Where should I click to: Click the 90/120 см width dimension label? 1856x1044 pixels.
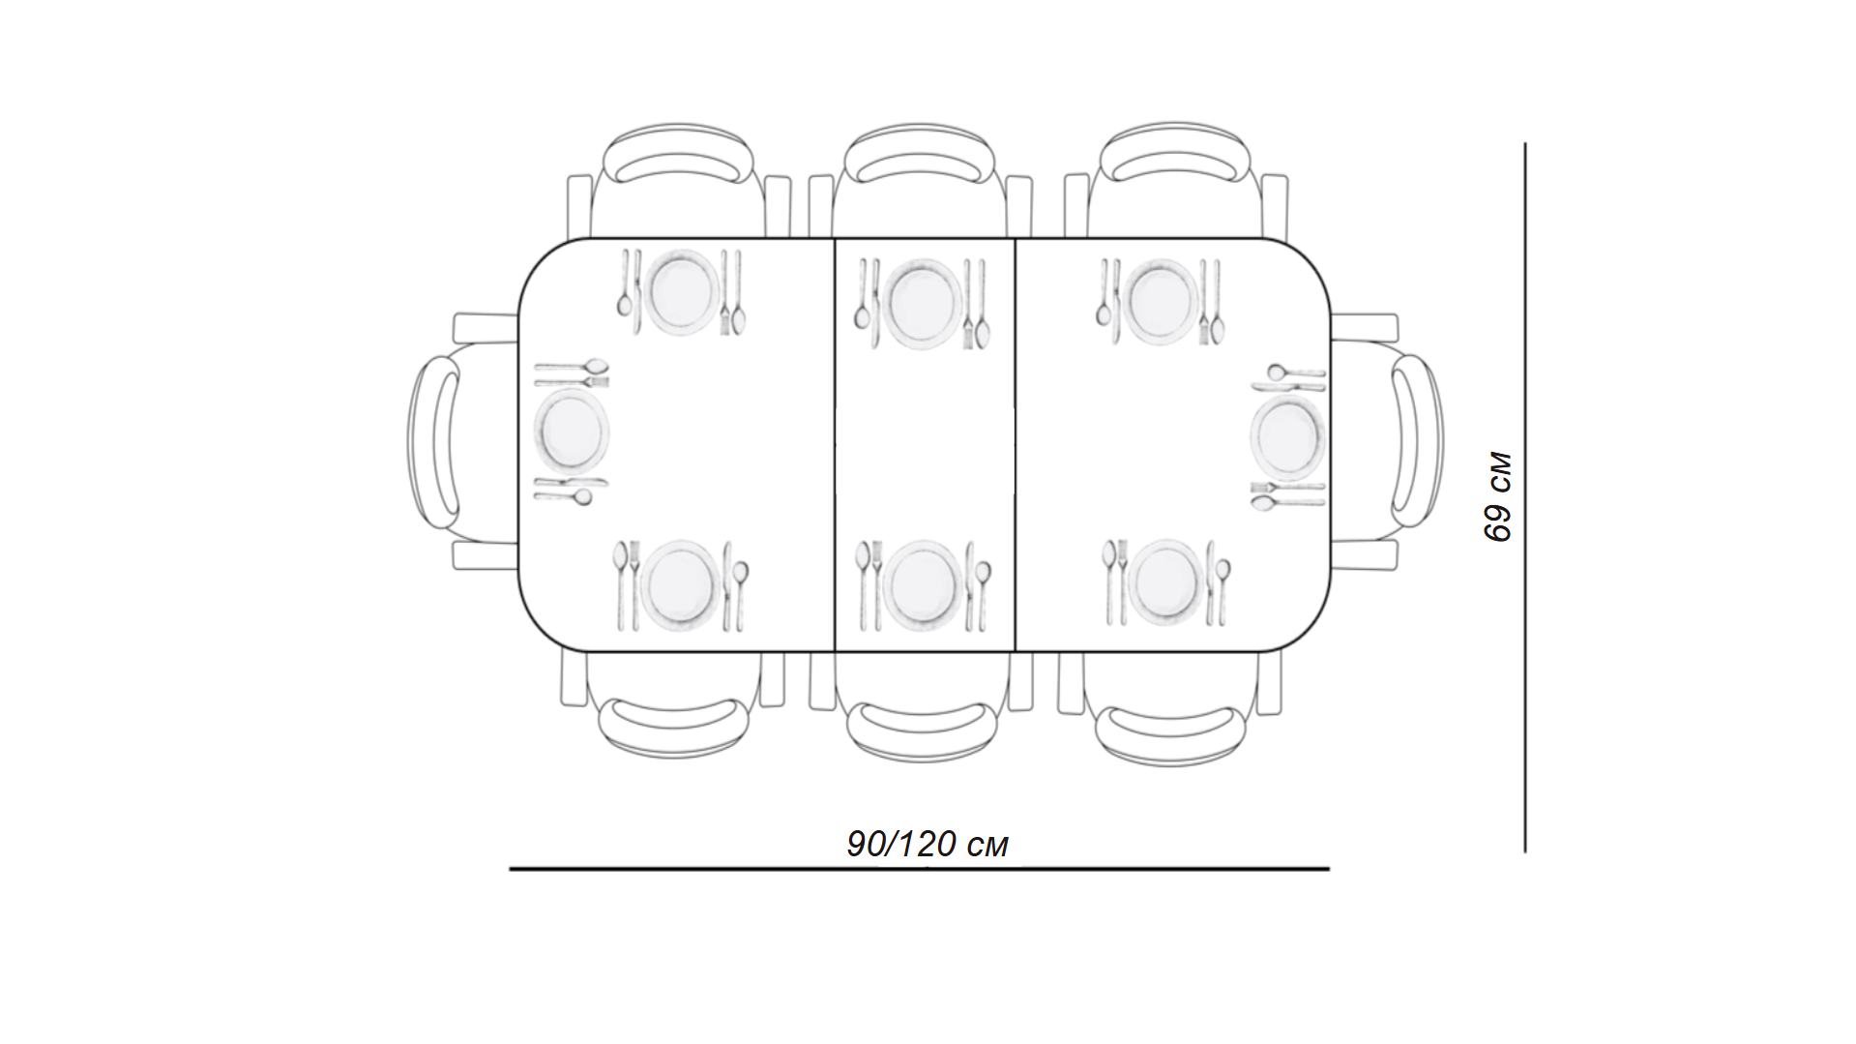tap(928, 844)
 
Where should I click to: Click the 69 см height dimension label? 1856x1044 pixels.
tap(1497, 496)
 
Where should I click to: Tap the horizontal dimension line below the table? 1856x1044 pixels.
tap(919, 869)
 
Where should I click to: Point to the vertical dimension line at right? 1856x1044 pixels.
tap(1525, 497)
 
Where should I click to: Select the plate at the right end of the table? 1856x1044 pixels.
tap(1287, 438)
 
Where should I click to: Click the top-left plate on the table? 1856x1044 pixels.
tap(682, 292)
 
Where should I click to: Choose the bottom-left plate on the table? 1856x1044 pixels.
tap(681, 584)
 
